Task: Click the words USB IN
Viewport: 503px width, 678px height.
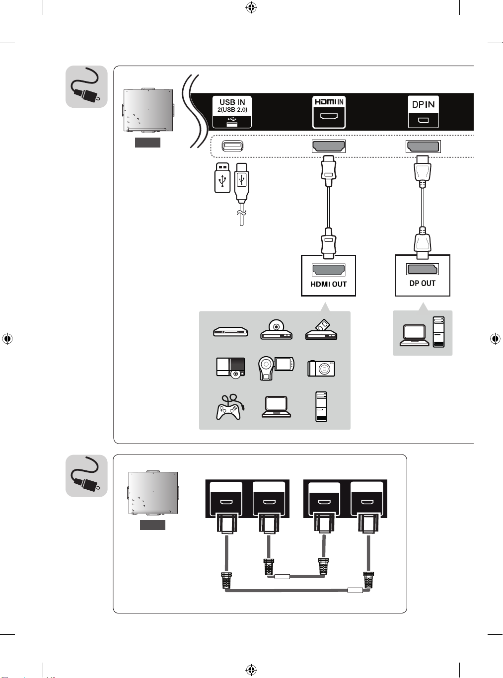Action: click(x=232, y=102)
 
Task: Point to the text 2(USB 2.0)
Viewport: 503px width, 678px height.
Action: click(x=232, y=110)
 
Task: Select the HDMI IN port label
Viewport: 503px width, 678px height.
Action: click(x=329, y=102)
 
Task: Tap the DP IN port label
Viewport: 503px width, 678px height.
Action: click(x=423, y=104)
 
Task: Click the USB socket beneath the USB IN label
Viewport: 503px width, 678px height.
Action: click(x=232, y=146)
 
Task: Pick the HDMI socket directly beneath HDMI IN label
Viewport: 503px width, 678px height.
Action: click(x=328, y=146)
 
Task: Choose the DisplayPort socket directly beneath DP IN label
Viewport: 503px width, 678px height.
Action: click(x=423, y=147)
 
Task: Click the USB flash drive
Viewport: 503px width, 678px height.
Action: click(x=222, y=177)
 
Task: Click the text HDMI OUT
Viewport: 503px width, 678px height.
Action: click(x=328, y=285)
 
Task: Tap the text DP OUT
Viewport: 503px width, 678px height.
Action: click(x=423, y=284)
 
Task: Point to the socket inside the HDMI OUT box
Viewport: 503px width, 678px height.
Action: click(x=328, y=270)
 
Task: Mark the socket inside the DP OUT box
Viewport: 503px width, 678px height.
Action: click(x=423, y=269)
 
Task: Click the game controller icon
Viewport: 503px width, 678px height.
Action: click(x=228, y=408)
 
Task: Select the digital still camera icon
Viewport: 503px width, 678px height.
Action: click(x=321, y=368)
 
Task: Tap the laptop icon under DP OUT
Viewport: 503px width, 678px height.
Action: click(x=415, y=335)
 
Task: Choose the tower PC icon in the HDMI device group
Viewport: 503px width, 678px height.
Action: click(x=321, y=407)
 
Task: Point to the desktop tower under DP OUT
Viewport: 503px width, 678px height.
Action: click(x=438, y=332)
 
